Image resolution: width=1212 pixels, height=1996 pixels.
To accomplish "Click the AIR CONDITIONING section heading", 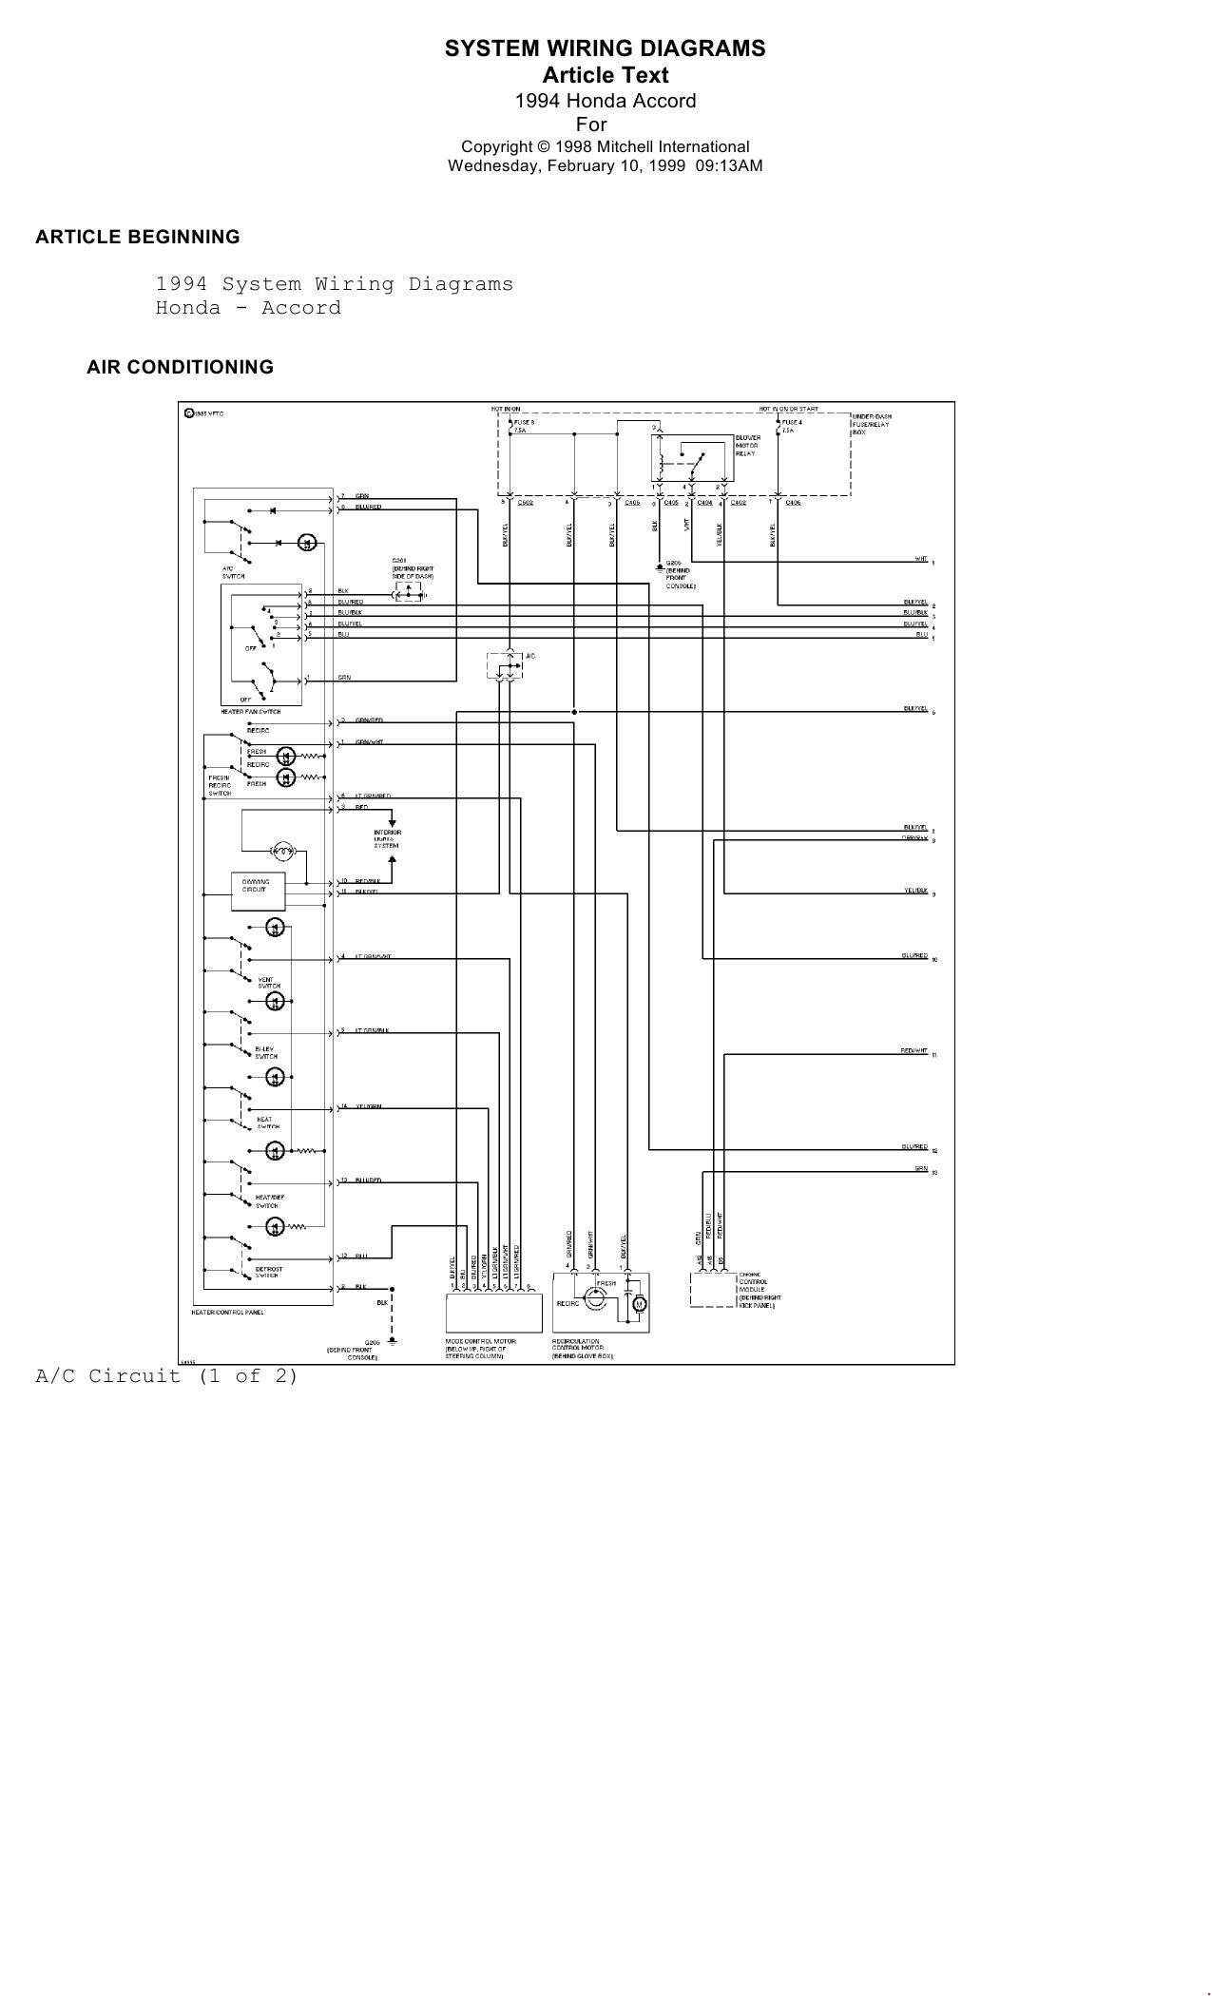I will click(180, 367).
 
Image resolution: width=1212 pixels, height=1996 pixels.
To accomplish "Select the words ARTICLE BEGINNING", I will click(138, 237).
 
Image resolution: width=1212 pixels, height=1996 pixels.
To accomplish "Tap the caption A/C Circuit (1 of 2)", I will click(166, 1375).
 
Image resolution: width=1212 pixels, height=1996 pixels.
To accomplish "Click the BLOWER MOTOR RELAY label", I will click(747, 446).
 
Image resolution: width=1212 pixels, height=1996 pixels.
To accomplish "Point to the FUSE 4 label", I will click(792, 422).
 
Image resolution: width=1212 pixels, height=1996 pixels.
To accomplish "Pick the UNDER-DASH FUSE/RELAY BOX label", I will click(872, 424).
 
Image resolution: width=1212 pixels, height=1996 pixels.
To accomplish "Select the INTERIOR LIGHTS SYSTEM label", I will click(387, 838).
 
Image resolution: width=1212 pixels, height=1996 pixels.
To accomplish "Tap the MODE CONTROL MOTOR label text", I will click(475, 1349).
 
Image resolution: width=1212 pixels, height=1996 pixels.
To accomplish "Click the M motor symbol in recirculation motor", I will click(640, 1304).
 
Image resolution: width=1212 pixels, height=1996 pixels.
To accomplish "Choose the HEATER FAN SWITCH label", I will click(250, 712).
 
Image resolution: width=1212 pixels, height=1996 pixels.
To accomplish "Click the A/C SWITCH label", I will click(233, 572).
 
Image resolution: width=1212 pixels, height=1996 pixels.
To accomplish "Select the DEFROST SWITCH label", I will click(268, 1272).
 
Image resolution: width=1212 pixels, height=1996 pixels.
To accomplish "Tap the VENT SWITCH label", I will click(268, 983).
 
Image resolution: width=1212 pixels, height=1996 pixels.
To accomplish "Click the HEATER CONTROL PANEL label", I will click(227, 1313).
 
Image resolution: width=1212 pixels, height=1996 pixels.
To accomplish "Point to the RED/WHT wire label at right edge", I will click(914, 1050).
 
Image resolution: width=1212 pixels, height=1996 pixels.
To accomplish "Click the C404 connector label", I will click(704, 503).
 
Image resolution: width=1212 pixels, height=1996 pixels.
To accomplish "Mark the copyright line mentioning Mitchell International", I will click(605, 146).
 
